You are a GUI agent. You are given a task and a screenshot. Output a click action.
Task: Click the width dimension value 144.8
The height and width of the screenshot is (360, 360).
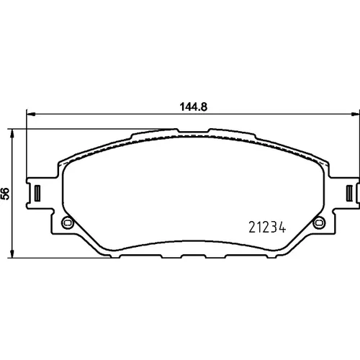point(194,107)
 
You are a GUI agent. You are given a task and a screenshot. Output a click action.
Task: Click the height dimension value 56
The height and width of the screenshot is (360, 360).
point(5,194)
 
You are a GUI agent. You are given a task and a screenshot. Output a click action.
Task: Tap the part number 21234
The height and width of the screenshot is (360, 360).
point(267,227)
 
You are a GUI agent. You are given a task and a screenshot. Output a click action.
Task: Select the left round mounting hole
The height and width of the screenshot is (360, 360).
point(68,222)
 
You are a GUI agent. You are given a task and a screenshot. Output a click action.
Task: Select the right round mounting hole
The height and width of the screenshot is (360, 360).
point(319,222)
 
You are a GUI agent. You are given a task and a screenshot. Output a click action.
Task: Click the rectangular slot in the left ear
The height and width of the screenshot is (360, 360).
point(37,192)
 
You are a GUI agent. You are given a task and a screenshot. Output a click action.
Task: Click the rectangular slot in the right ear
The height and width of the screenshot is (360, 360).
point(350,192)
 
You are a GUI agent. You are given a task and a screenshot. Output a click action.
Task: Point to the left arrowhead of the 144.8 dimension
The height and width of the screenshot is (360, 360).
point(31,114)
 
